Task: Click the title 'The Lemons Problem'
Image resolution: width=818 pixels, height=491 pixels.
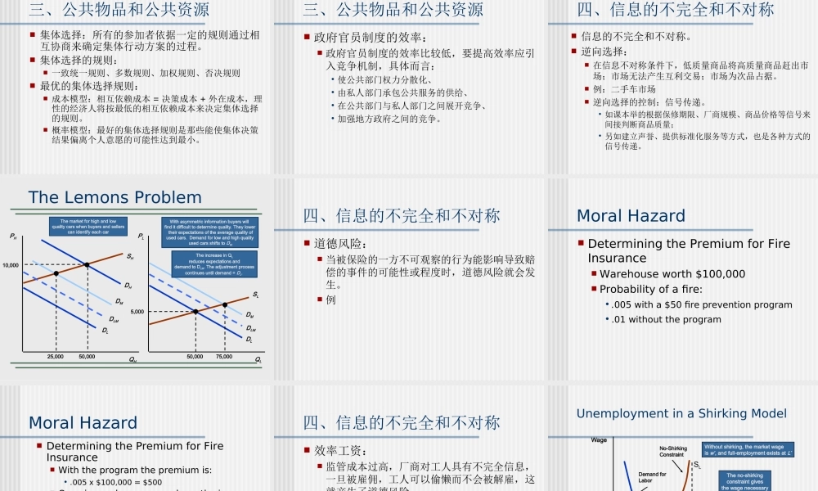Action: click(115, 197)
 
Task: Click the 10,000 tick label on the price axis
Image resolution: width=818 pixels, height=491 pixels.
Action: click(11, 265)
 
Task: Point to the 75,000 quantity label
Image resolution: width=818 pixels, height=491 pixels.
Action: click(224, 358)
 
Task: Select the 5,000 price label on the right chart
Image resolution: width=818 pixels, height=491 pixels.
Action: click(137, 312)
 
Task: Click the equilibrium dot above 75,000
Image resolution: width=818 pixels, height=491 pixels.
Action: click(225, 304)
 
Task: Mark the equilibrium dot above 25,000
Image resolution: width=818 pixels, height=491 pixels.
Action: click(56, 273)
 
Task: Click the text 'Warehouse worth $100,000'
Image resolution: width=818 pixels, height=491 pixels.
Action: click(672, 274)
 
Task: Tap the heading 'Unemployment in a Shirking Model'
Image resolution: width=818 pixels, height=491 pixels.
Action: click(681, 413)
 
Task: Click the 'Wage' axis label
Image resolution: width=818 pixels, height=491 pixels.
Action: click(600, 440)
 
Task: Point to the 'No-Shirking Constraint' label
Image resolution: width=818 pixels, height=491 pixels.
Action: click(672, 451)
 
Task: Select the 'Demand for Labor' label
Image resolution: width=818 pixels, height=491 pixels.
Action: click(652, 478)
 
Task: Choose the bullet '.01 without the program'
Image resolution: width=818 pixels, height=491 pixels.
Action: click(667, 319)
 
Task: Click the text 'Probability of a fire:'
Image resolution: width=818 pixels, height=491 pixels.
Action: click(651, 289)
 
